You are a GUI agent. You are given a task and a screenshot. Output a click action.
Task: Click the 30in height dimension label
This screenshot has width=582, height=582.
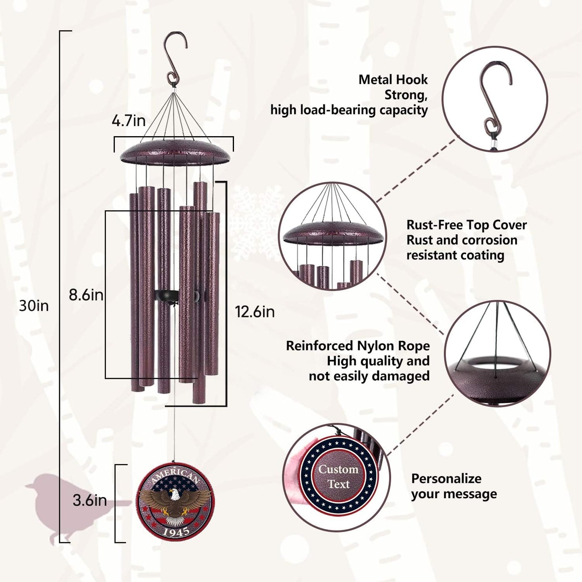point(34,306)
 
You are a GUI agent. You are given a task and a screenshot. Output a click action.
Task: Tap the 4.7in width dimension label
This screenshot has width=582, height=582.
point(128,121)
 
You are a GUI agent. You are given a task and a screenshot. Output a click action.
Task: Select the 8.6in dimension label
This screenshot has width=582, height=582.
point(86,295)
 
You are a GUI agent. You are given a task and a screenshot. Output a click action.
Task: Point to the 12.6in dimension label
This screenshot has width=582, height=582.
point(255,312)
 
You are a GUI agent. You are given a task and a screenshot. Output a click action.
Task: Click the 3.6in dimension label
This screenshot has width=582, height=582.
point(89,501)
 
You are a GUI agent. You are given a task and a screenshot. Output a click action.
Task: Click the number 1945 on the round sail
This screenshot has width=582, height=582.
point(176,532)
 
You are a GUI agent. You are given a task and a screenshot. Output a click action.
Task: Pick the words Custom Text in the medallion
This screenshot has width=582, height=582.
point(338,476)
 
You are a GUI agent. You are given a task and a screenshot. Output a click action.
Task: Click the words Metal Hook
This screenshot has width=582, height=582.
point(393,80)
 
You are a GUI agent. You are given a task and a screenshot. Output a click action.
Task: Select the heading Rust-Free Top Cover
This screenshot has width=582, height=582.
point(466,225)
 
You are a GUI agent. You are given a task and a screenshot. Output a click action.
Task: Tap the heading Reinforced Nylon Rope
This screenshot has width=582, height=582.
point(358,346)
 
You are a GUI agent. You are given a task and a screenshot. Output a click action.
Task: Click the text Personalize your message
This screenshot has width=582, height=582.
point(454,486)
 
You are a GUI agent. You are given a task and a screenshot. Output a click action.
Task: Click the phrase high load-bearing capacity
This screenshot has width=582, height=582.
point(349,110)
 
